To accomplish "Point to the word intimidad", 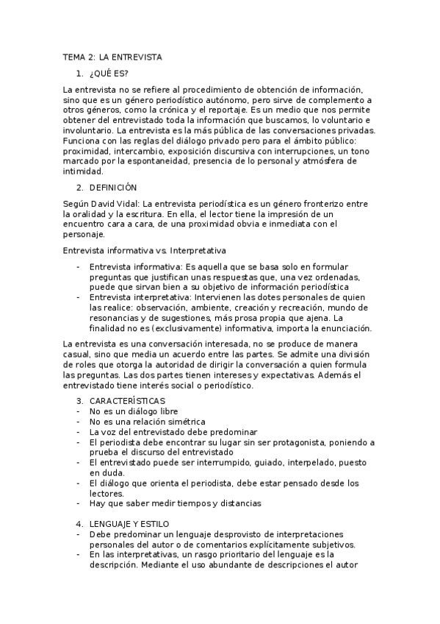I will click(83, 171).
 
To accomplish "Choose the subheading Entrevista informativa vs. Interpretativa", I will click(145, 250).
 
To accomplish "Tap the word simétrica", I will click(179, 421).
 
